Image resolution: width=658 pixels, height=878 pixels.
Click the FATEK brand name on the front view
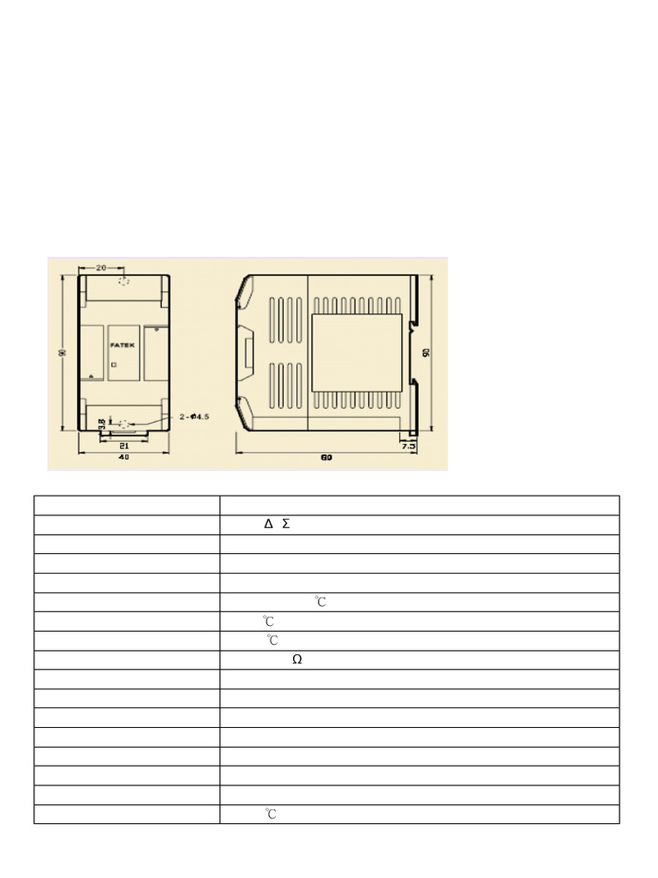pos(123,344)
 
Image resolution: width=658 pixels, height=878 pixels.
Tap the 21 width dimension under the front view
pos(123,446)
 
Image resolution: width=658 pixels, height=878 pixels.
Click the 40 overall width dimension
pos(123,458)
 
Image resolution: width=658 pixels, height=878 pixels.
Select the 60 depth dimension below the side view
pos(326,458)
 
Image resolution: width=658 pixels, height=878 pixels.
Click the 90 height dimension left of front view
pos(63,353)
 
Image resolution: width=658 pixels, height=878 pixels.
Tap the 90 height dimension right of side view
pos(426,352)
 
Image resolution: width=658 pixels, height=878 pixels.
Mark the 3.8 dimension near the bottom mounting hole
pos(102,424)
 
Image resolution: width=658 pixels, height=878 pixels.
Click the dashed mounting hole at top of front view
pos(124,282)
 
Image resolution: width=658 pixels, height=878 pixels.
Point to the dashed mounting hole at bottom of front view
pos(125,424)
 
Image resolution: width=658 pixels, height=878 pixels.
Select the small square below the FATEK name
pos(114,364)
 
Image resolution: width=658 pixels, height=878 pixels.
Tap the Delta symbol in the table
pos(268,524)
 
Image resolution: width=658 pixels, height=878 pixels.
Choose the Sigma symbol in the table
pos(285,524)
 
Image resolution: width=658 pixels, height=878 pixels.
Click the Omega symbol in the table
pos(296,660)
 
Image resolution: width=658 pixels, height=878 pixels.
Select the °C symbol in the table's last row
pos(269,814)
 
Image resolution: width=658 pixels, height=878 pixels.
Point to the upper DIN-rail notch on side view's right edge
pos(413,326)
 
